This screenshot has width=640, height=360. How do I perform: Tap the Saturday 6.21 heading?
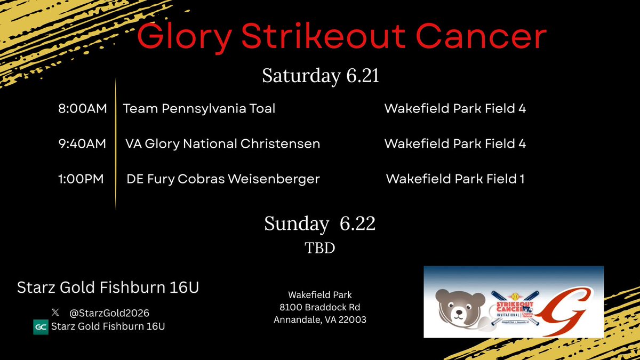(x=321, y=76)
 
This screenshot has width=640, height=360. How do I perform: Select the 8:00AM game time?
(x=83, y=109)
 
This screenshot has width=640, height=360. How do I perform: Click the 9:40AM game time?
(x=83, y=144)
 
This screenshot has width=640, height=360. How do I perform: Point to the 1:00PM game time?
(x=83, y=179)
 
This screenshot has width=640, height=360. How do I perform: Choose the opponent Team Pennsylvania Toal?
(x=199, y=109)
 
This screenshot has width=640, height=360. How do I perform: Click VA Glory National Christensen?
(x=222, y=144)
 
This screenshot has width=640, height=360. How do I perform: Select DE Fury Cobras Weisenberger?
(x=223, y=179)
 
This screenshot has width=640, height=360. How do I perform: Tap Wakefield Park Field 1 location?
(x=455, y=179)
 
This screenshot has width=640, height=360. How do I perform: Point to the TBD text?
(x=320, y=248)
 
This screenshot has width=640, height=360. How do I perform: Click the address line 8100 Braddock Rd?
(x=320, y=307)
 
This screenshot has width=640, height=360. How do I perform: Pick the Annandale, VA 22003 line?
(x=320, y=320)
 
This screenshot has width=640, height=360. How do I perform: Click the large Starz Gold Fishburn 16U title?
(x=108, y=288)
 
